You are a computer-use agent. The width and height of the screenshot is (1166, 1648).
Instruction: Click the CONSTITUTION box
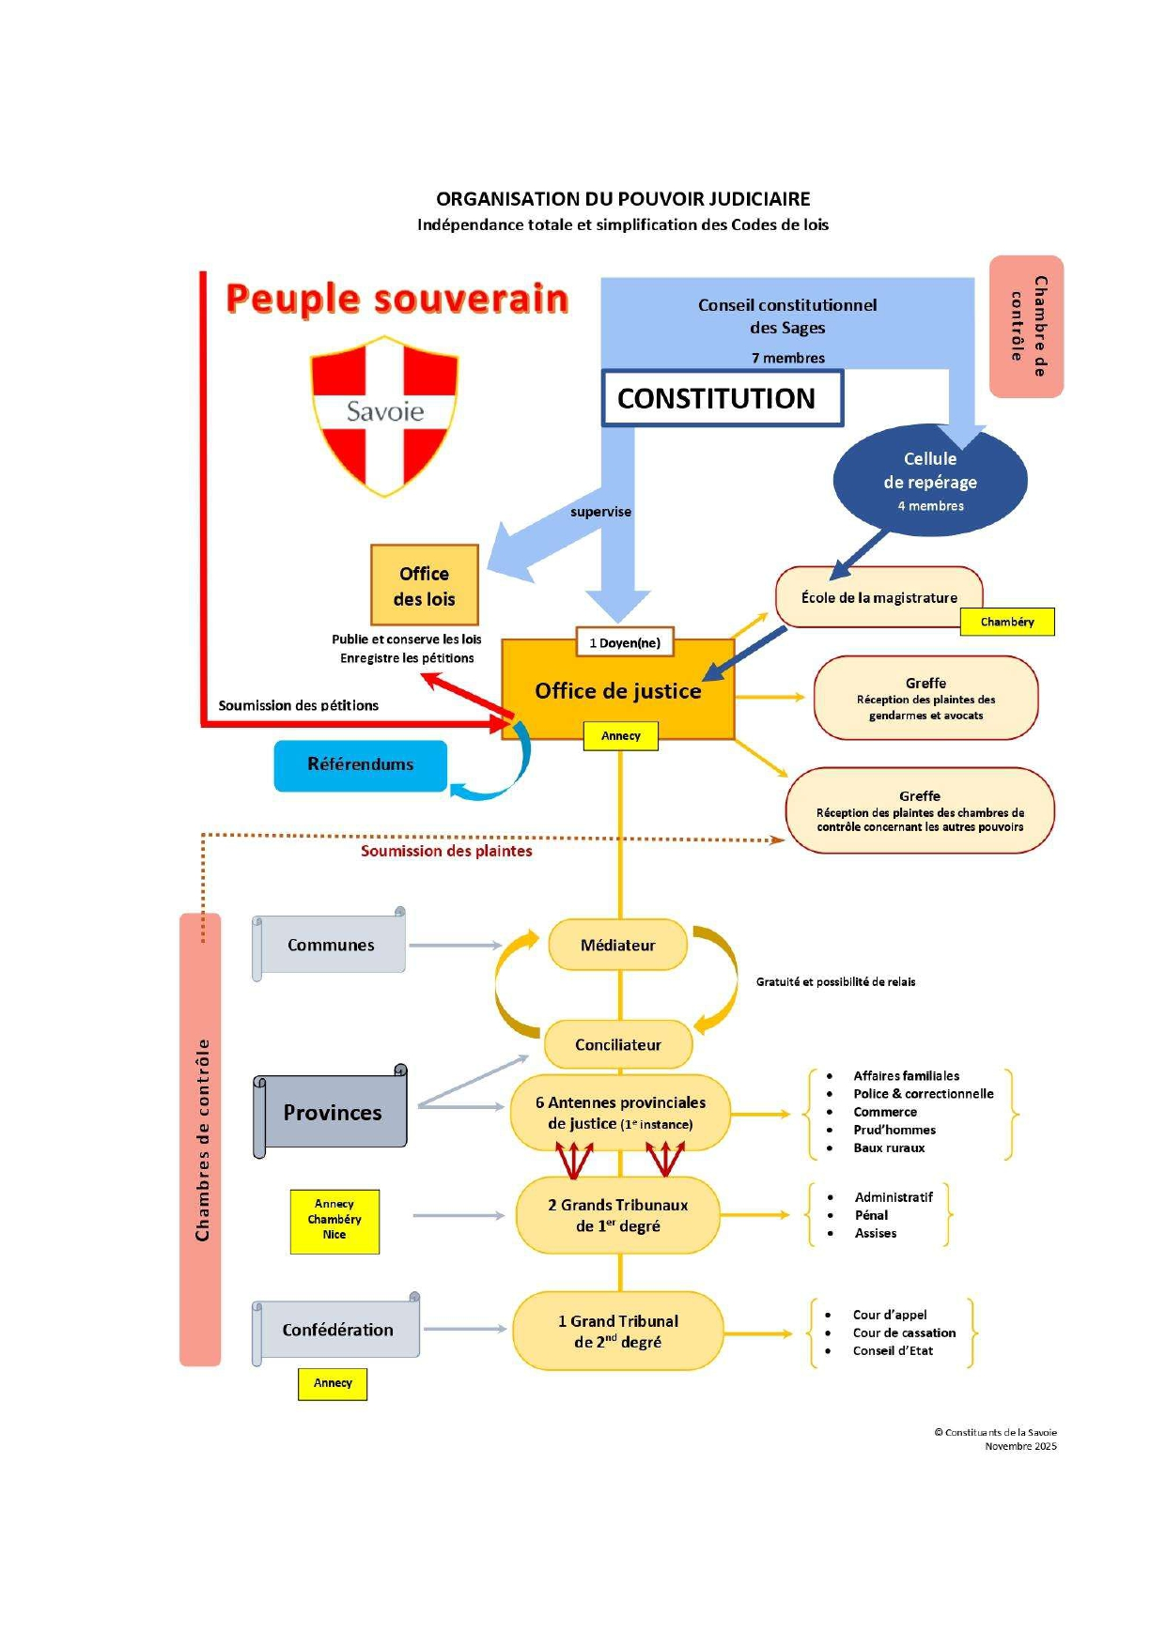722,398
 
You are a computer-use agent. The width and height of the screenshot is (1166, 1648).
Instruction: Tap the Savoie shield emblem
384,414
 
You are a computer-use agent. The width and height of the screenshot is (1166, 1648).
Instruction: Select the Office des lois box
425,586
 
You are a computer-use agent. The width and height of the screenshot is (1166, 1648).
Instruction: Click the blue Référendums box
361,764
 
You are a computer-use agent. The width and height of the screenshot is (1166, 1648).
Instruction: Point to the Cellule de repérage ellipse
929,481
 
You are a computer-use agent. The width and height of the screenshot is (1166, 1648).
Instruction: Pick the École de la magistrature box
878,597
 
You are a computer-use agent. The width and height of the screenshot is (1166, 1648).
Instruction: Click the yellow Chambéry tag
1006,622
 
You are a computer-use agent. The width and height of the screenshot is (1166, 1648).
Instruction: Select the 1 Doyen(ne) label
625,643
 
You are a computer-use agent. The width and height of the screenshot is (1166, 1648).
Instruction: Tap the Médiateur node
617,945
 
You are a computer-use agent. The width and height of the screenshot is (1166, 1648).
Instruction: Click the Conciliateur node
617,1044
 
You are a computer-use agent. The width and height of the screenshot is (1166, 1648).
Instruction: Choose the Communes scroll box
331,945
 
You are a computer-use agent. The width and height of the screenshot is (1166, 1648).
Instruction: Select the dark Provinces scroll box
333,1113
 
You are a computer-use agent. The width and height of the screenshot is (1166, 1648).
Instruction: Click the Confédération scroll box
338,1330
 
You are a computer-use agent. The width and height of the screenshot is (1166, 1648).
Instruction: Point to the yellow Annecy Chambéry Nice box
334,1220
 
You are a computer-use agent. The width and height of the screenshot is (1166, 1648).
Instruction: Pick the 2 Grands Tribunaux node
617,1215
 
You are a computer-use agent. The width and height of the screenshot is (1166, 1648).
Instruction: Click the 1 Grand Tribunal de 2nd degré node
617,1332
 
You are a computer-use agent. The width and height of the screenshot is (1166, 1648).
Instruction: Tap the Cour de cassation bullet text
904,1332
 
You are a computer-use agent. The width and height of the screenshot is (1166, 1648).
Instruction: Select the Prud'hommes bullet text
894,1130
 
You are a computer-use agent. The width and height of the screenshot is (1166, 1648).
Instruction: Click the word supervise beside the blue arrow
600,512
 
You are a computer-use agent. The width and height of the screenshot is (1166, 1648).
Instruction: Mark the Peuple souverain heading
397,299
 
